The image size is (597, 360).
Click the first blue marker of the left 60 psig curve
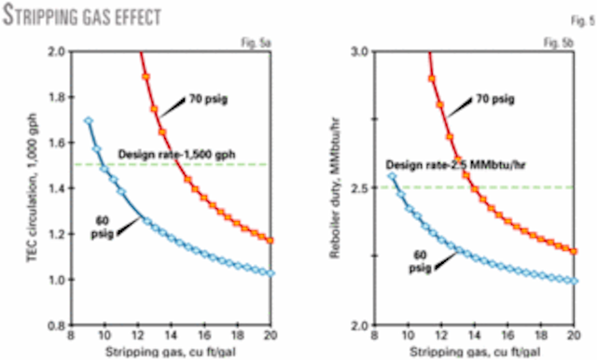89,120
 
